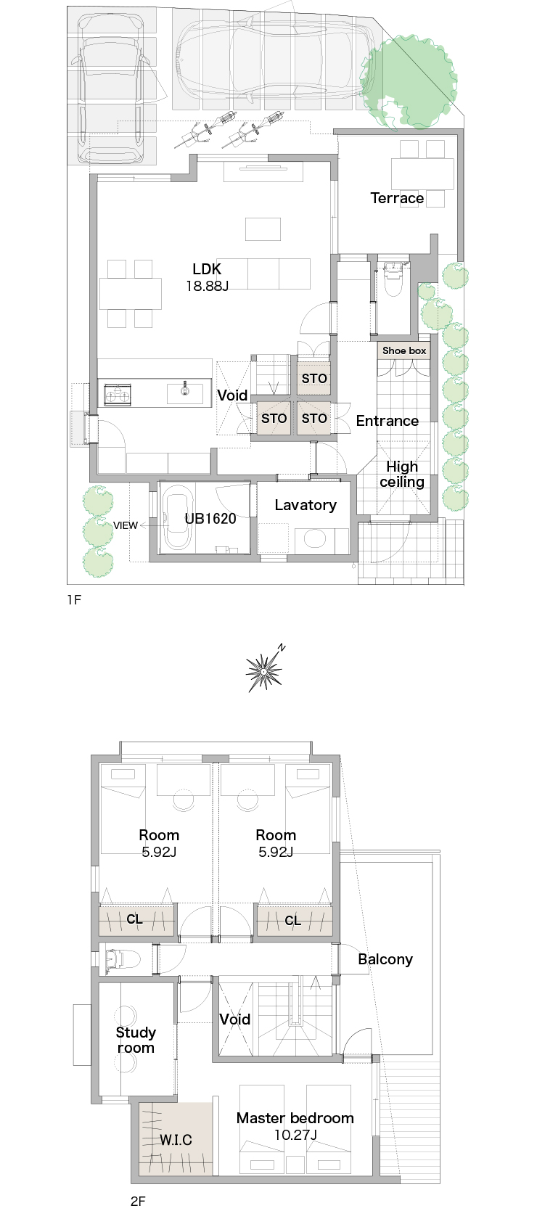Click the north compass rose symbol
265,670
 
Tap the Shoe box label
404,350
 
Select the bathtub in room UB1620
177,517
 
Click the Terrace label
397,198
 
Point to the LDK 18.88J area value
207,286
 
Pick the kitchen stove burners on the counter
118,393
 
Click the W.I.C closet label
176,1140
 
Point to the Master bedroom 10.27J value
295,1134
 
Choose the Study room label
136,1040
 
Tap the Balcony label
385,959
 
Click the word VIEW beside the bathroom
126,525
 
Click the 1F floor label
74,599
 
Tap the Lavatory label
306,505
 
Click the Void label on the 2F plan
234,1019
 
